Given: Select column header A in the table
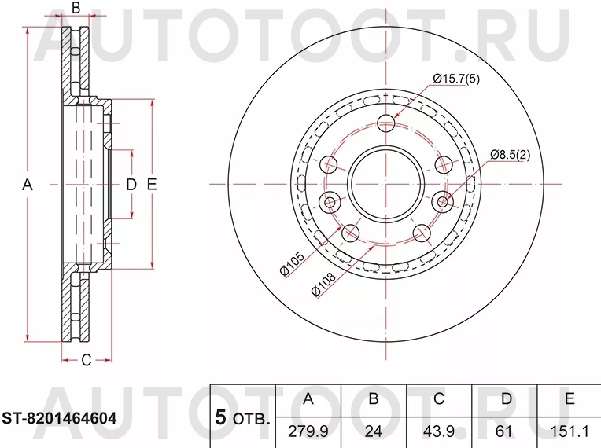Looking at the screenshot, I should [308, 400].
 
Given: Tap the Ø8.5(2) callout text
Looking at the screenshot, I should [511, 154].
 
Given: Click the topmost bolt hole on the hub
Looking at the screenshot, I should [386, 123].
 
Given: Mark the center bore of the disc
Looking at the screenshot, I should [386, 184].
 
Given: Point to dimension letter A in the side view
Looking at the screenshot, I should [26, 185].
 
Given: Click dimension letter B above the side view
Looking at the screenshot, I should [76, 9].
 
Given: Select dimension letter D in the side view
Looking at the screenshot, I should [131, 185].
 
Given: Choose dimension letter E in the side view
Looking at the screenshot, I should [152, 185].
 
